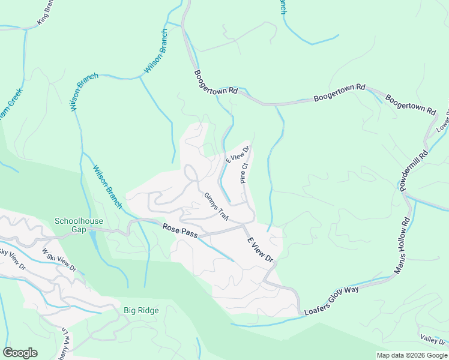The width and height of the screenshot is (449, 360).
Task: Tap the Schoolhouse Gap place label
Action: coord(79,225)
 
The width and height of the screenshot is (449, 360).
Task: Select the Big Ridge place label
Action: coord(140,310)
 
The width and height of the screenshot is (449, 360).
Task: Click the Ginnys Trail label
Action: coord(216,206)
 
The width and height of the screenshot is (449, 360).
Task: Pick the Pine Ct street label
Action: coord(244,172)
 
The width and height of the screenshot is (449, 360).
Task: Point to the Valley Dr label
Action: coord(433,340)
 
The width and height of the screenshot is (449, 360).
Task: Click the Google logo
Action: coord(20,353)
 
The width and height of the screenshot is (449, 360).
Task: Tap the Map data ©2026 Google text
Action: coord(411,355)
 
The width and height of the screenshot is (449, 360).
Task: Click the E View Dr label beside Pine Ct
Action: coord(237,154)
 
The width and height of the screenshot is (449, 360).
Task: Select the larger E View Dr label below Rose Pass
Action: coord(261,250)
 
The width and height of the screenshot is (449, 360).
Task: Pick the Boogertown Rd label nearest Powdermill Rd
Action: coord(411,104)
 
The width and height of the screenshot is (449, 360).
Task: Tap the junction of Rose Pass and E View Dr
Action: coord(243,226)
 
